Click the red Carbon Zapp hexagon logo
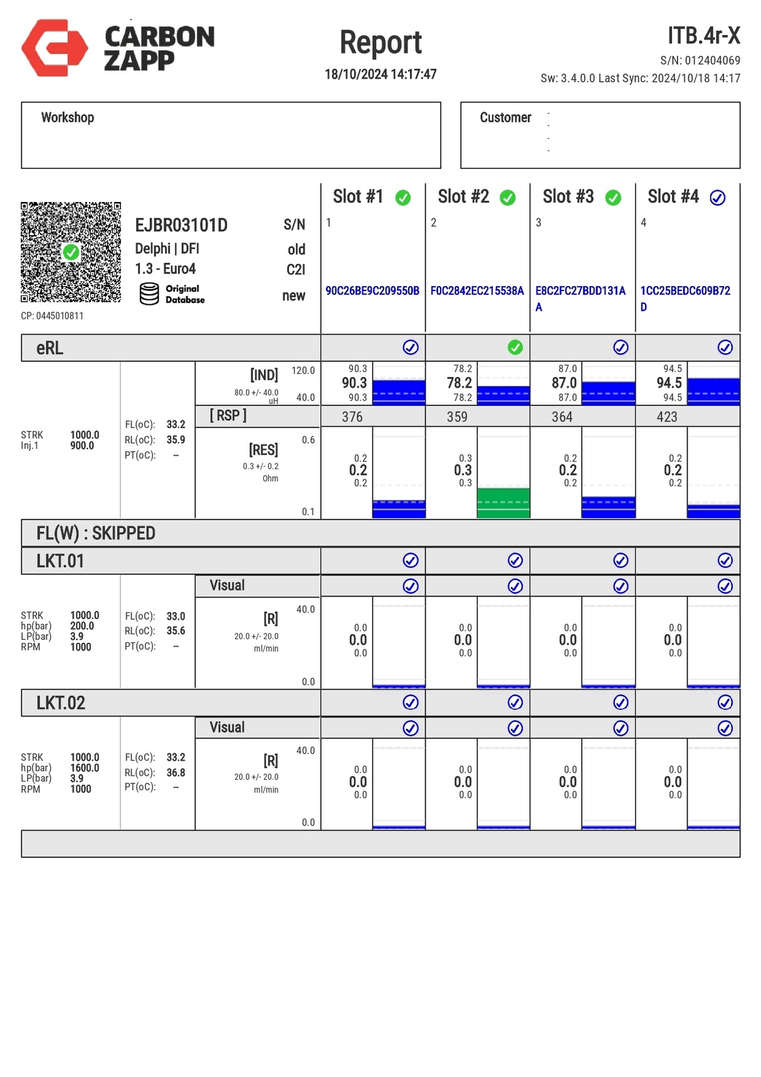point(55,48)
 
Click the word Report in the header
point(380,43)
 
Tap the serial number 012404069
point(712,60)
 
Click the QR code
point(71,252)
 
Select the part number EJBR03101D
point(181,225)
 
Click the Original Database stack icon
point(149,294)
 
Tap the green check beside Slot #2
point(508,198)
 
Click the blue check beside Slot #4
point(717,198)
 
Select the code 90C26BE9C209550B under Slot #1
point(372,290)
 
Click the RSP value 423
point(667,416)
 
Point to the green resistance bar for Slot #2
point(503,502)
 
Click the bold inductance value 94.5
point(669,383)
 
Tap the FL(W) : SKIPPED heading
point(96,533)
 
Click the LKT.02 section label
point(61,703)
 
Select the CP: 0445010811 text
point(52,316)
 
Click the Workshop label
point(68,117)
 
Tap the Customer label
point(505,117)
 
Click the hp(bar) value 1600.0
point(85,768)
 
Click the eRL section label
point(50,348)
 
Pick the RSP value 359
point(457,416)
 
